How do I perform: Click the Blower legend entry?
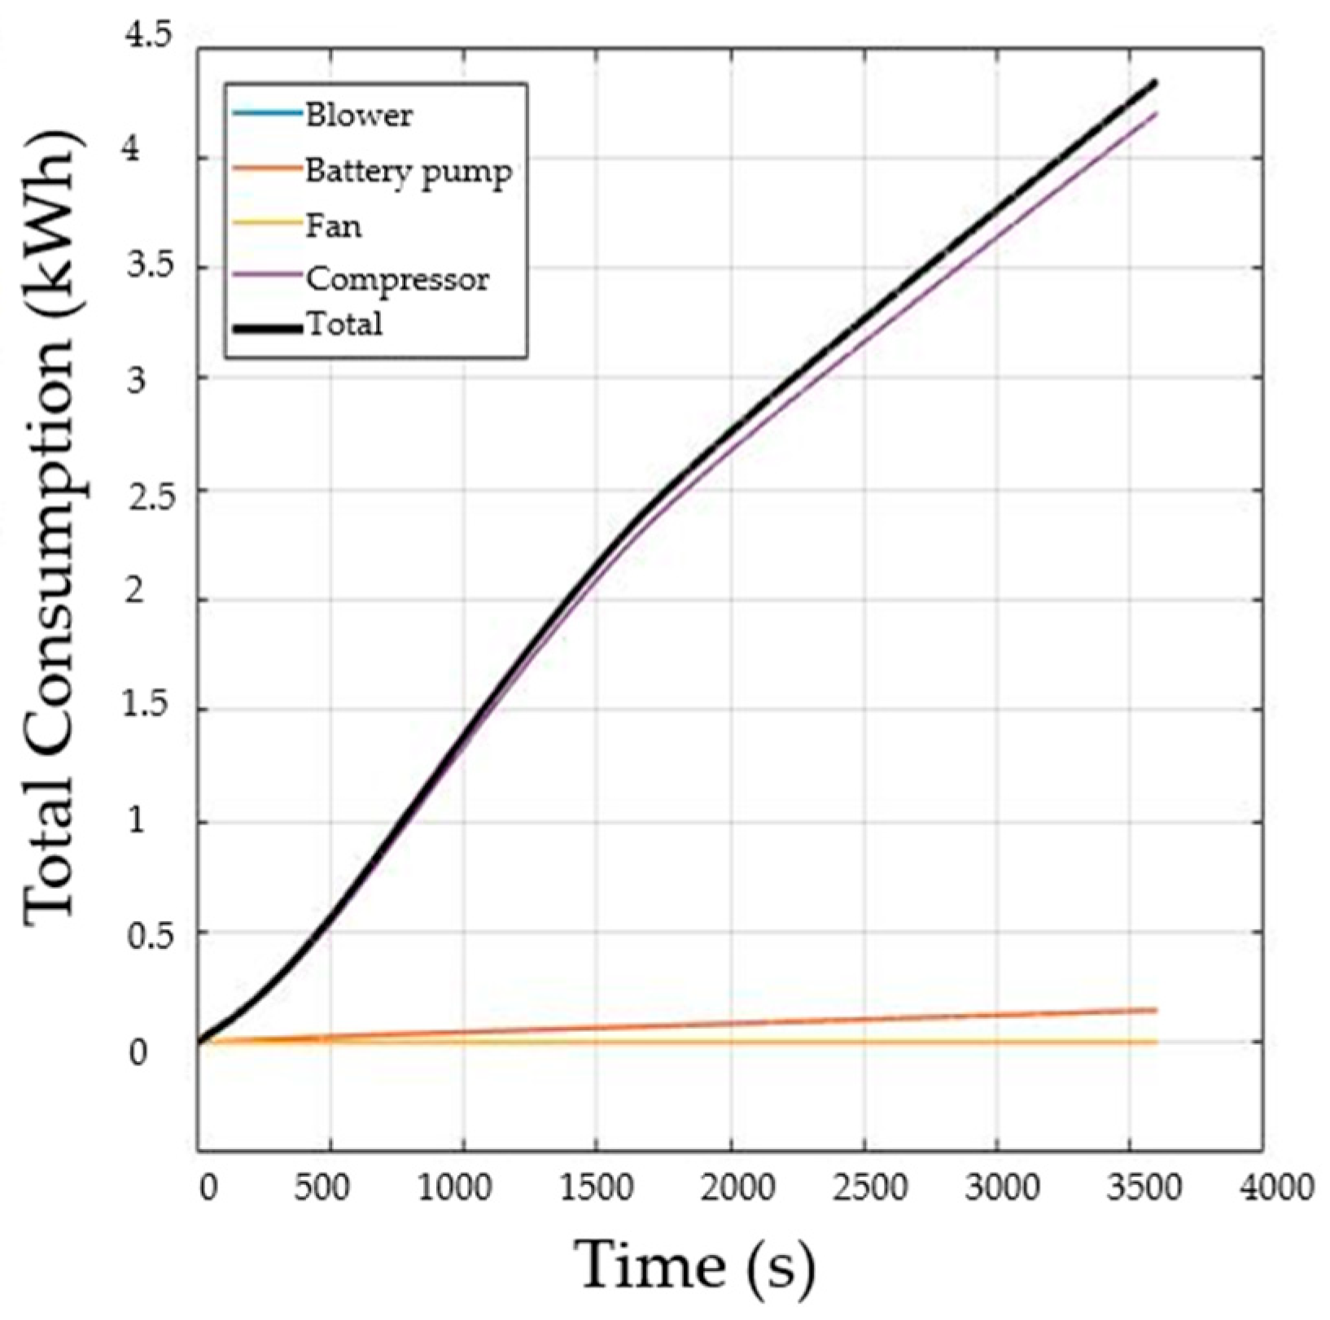pos(359,115)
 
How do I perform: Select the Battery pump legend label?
pos(409,171)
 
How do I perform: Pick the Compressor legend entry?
pos(397,279)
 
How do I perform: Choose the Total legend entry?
pos(344,324)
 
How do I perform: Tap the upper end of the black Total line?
pos(1155,82)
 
